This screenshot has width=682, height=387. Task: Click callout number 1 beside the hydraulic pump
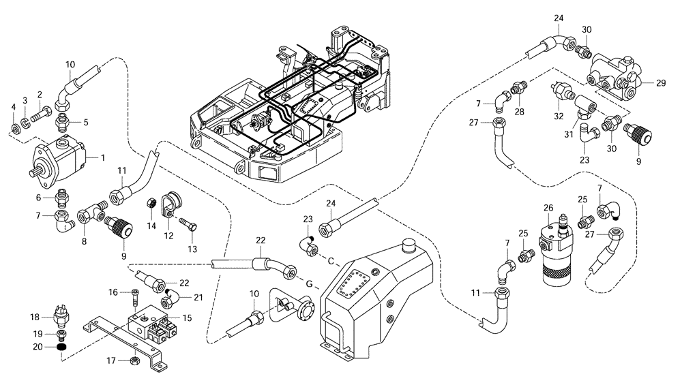(x=102, y=157)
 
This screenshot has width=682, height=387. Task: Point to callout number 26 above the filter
(x=548, y=208)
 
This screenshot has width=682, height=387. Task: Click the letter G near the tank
(x=308, y=283)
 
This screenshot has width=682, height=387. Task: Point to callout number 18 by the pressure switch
(x=35, y=317)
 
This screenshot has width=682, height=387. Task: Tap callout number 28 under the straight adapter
(x=520, y=110)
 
